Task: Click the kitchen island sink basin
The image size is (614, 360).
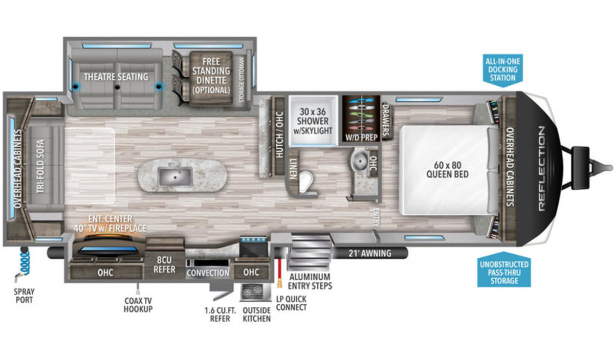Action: click(175, 177)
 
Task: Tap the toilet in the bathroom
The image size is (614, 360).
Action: click(305, 182)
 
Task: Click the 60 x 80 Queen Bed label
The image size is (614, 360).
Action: click(447, 170)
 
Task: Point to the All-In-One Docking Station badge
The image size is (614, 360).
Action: click(502, 71)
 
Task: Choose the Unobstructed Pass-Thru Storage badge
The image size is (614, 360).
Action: click(504, 269)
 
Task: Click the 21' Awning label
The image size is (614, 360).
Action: click(370, 254)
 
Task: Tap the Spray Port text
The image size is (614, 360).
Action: click(24, 296)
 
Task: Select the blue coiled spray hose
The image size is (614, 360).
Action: click(26, 263)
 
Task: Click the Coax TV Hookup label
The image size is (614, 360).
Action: click(138, 305)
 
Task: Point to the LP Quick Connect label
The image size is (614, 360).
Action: click(291, 303)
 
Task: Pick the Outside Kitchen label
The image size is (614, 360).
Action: click(256, 314)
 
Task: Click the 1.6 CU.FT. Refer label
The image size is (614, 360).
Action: click(220, 314)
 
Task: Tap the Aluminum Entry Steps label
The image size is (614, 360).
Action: click(310, 281)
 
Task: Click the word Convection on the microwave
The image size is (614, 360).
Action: click(208, 273)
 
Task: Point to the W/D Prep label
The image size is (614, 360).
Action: click(362, 137)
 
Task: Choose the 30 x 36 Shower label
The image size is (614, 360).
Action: click(313, 121)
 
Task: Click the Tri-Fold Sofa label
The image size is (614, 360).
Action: click(40, 166)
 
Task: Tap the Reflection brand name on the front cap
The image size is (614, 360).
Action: click(542, 168)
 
